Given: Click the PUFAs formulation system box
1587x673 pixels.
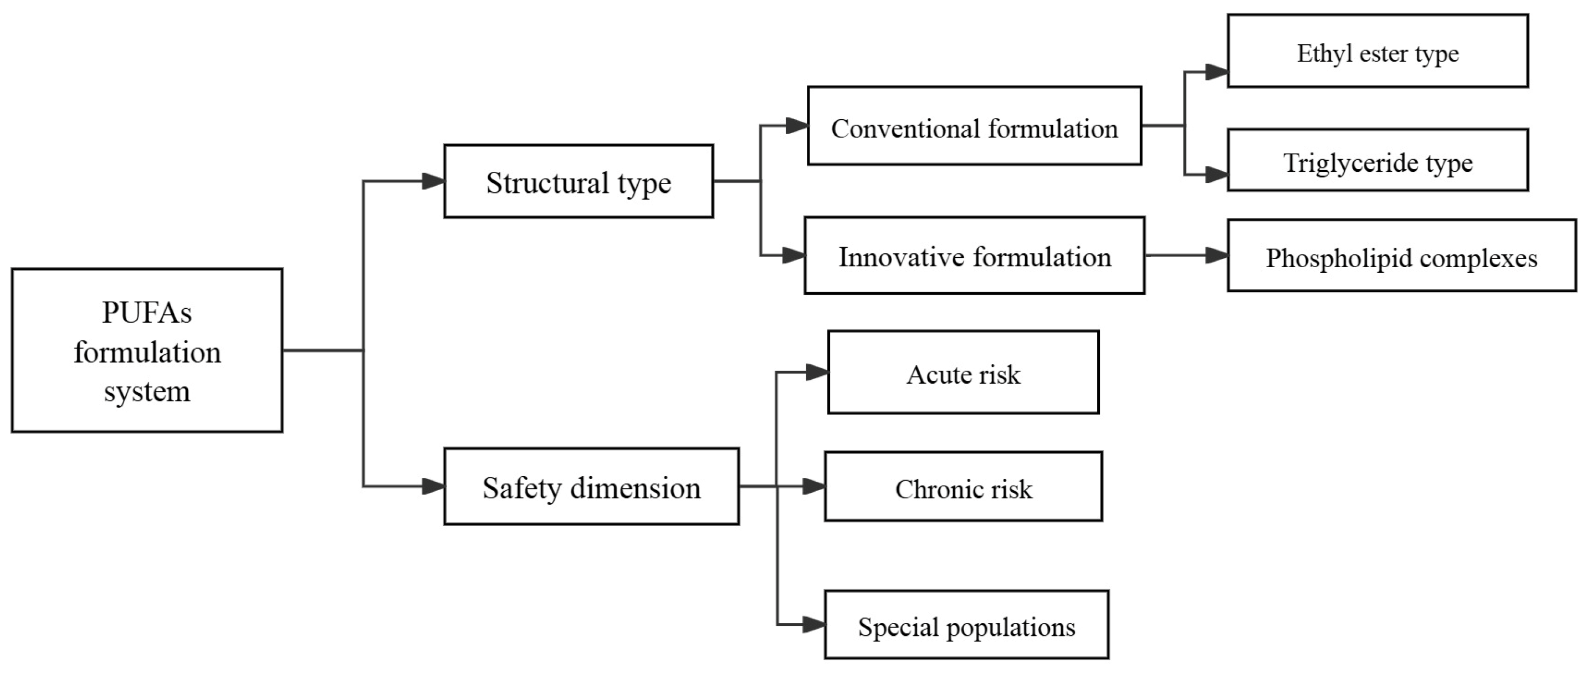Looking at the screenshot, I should (x=147, y=350).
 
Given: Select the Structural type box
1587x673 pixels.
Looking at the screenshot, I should (x=579, y=181).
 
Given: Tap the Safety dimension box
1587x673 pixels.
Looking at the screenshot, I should (x=591, y=487).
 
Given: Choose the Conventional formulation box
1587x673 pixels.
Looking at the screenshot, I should (x=974, y=126).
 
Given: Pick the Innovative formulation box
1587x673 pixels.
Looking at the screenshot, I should (x=974, y=255).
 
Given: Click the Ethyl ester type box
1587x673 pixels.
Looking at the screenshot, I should (x=1378, y=51).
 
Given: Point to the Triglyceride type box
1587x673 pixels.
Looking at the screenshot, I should (x=1378, y=160).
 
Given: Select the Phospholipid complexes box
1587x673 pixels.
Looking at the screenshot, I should (x=1401, y=255).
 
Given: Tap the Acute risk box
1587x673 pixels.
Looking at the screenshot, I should (x=963, y=372).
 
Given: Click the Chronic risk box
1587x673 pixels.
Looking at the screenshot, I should (x=963, y=487).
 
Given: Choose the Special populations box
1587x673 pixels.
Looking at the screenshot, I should (x=966, y=625).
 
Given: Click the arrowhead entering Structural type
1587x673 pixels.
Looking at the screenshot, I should (x=433, y=181).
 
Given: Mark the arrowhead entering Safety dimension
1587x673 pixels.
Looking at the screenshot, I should (x=433, y=487).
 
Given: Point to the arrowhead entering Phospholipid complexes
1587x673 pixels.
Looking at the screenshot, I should (x=1217, y=255).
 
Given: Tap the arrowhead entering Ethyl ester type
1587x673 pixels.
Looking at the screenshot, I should (x=1217, y=72).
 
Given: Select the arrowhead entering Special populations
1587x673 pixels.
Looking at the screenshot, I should (x=814, y=625).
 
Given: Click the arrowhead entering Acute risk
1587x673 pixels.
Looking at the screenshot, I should (x=817, y=372).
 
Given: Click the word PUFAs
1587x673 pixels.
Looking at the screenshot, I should (x=147, y=313).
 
